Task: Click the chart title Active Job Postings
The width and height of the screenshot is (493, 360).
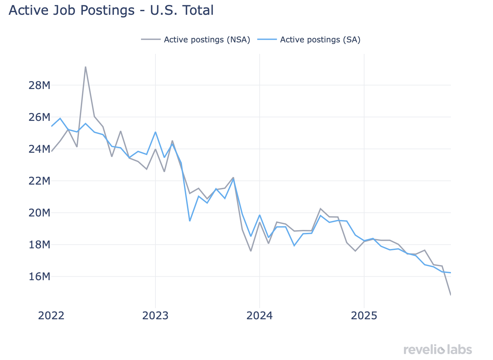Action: click(x=111, y=11)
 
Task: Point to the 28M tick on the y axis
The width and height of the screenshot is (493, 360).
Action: click(x=39, y=85)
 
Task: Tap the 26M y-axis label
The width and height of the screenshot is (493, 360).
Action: click(x=39, y=117)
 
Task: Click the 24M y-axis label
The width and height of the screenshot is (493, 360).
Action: click(x=39, y=149)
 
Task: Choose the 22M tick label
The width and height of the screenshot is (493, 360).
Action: click(x=39, y=181)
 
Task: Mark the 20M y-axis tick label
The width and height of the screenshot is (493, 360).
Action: click(x=39, y=213)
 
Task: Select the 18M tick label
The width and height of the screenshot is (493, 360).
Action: click(x=39, y=245)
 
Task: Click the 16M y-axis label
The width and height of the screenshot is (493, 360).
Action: click(x=39, y=277)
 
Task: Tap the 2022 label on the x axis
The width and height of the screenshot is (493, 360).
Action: click(x=51, y=316)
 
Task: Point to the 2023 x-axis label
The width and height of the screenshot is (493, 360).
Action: click(x=155, y=316)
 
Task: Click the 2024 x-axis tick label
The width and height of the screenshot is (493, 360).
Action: click(x=260, y=316)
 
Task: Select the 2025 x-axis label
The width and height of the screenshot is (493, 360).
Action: click(x=364, y=316)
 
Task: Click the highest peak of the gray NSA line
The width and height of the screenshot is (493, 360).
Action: click(x=85, y=67)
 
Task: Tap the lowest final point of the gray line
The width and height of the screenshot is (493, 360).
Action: click(x=450, y=294)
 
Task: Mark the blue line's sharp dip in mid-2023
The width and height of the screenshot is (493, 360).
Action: click(x=190, y=221)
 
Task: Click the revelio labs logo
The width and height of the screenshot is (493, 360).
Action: click(x=437, y=349)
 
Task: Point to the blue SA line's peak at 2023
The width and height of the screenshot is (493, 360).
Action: click(x=155, y=132)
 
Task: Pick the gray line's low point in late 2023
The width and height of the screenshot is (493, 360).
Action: click(x=251, y=251)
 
